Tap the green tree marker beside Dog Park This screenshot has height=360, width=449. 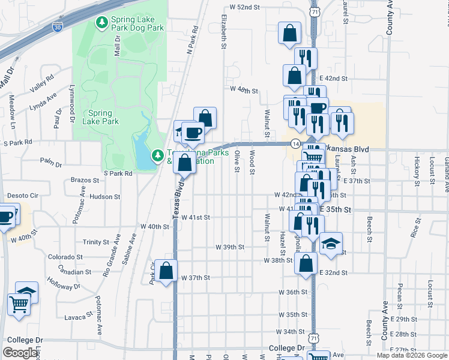coord(102,23)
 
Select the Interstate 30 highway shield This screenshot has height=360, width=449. coord(56,27)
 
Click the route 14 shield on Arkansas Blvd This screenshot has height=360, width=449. coord(295,144)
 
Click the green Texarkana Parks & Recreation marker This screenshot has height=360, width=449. coord(158,156)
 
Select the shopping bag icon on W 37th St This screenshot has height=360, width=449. coord(166,272)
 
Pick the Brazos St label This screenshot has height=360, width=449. coord(84,180)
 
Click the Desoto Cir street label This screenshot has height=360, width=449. coord(22,196)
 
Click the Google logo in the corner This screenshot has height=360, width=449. coord(20,353)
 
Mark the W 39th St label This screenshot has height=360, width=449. coord(230,247)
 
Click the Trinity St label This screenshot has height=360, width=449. coord(96,242)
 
